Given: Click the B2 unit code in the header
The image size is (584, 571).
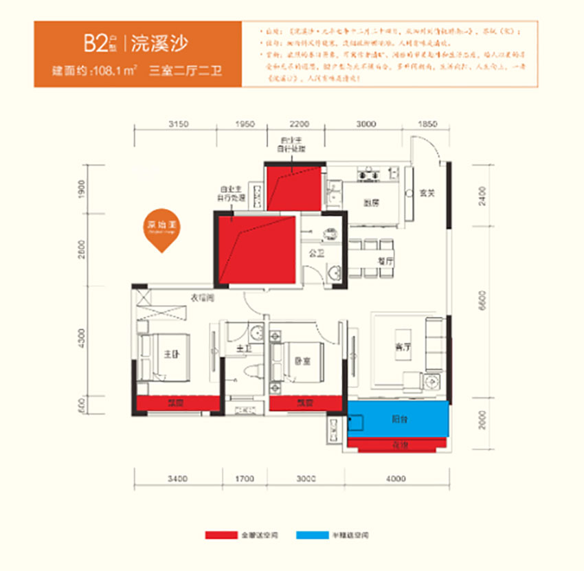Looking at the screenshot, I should [93, 43].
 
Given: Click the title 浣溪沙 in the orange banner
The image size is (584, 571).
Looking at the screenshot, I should [159, 43].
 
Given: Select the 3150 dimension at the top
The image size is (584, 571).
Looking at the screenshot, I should [177, 124].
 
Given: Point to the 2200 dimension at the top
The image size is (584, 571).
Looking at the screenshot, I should [296, 124].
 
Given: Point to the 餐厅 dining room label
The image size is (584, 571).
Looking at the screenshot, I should [385, 262].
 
